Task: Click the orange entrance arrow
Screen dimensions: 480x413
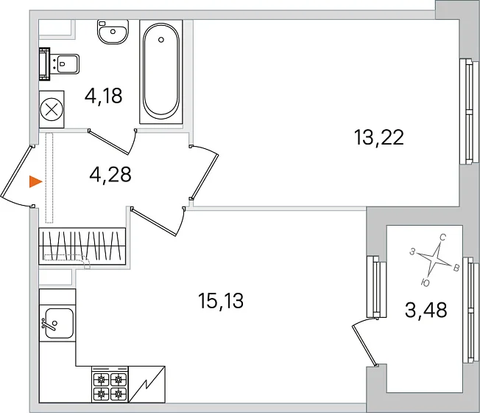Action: [x=35, y=181]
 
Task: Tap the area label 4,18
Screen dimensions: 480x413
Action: [x=103, y=96]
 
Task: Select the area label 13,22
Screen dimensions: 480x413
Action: [x=378, y=137]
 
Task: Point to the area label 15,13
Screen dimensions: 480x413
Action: [x=221, y=300]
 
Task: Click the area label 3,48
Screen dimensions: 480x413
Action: [x=426, y=310]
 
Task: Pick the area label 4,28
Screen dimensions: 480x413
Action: [x=110, y=174]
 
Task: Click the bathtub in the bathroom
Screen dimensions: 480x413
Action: [x=161, y=72]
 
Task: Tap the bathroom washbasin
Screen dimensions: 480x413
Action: [x=113, y=32]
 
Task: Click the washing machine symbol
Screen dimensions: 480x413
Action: [x=52, y=109]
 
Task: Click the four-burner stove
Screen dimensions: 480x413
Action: [x=110, y=384]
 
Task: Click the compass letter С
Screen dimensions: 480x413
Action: [x=442, y=237]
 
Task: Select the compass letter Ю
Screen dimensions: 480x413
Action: [x=426, y=283]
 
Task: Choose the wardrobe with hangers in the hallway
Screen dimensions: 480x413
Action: [x=82, y=246]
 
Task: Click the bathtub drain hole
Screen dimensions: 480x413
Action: [x=161, y=40]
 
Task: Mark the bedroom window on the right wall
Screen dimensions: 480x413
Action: [x=469, y=111]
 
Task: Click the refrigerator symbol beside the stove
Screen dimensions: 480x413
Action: [x=147, y=384]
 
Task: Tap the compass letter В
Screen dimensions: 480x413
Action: [x=456, y=268]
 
